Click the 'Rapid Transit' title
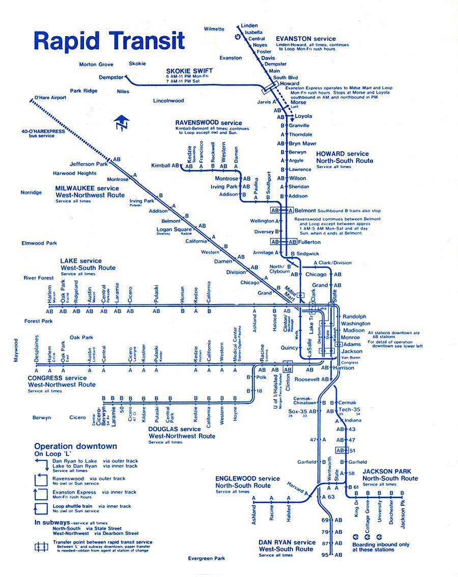109,41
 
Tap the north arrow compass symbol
122,122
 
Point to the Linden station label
249,25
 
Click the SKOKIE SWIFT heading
189,70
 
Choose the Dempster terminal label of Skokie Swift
111,77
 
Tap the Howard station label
290,83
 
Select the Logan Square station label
174,229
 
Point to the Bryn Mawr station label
302,143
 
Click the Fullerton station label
309,242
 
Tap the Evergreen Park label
206,558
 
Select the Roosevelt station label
308,380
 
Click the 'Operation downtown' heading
75,446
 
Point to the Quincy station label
288,348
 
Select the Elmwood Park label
39,243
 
